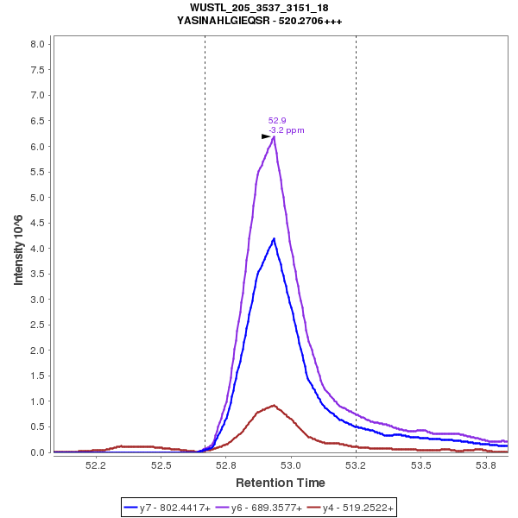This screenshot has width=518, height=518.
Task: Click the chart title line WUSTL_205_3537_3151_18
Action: [259, 8]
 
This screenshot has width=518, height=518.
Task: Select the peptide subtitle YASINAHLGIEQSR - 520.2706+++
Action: [259, 21]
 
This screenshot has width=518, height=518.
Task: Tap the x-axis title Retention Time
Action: [281, 483]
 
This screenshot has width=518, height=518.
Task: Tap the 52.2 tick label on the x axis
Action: [96, 465]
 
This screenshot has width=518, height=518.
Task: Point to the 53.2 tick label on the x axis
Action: [356, 465]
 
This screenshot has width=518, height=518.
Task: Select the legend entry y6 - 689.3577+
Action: [266, 509]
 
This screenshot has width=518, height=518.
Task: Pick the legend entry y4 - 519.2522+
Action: [357, 509]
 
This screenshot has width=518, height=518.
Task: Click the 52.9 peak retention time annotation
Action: [277, 121]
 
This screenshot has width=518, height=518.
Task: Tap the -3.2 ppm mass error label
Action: [287, 130]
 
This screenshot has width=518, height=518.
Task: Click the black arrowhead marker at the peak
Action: [266, 136]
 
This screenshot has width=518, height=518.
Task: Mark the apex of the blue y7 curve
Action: [274, 239]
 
